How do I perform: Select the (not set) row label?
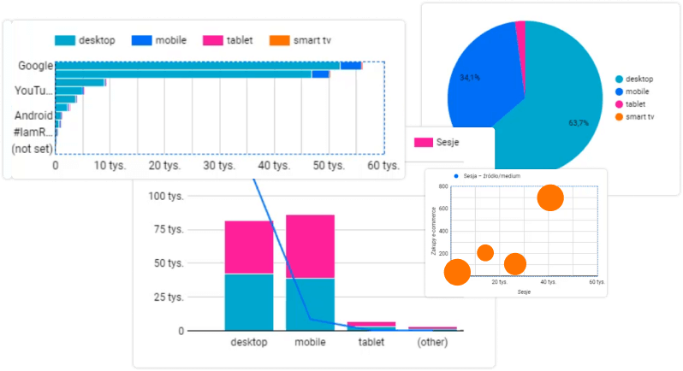click(32, 149)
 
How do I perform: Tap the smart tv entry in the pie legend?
click(639, 115)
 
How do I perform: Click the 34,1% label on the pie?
click(470, 77)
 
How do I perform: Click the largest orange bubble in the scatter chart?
click(550, 198)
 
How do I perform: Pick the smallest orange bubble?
click(485, 252)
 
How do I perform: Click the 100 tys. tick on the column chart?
click(166, 196)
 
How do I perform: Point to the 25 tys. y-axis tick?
click(168, 297)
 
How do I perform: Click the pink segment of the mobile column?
click(310, 246)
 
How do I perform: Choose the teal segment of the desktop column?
click(249, 301)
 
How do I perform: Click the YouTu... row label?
click(33, 91)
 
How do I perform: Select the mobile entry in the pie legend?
click(638, 91)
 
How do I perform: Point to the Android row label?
click(33, 115)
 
